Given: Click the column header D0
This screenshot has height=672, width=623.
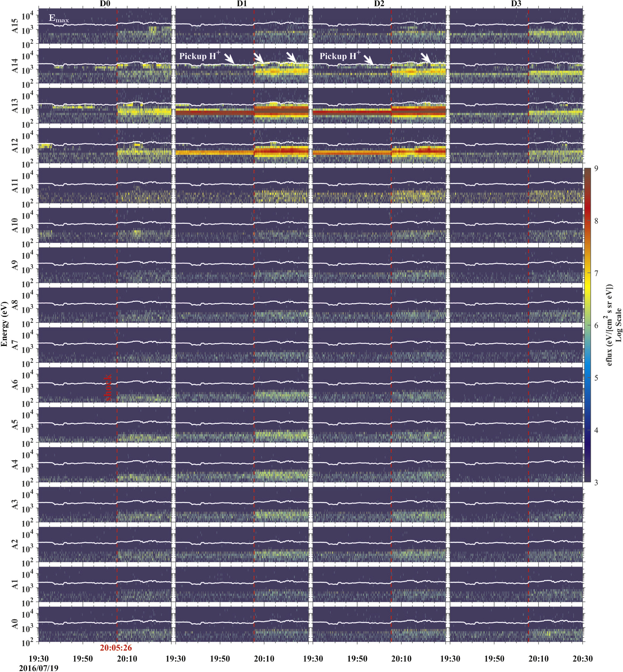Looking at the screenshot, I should coord(105,3).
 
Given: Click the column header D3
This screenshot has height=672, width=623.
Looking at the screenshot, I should coord(516,3).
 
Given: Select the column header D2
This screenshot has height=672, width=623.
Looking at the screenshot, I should coord(379,3).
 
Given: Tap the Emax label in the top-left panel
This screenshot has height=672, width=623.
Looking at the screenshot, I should coord(59,18).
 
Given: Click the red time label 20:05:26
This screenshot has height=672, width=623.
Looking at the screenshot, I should coord(116,648).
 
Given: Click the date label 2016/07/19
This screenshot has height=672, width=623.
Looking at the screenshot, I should coord(38,668).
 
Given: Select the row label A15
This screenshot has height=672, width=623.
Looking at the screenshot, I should coord(15,26).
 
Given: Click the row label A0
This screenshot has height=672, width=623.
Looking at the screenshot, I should coord(15,624).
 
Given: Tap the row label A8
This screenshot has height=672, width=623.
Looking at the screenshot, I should coord(15,305).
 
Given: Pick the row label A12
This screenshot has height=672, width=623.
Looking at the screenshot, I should coord(15,146).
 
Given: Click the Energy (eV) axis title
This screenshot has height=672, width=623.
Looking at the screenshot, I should coord(4,324).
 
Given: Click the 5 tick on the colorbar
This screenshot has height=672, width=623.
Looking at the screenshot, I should coord(596,378).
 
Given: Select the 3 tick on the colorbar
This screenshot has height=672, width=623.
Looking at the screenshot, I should coord(596,483).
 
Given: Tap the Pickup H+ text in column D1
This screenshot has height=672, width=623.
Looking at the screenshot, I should coord(199,56).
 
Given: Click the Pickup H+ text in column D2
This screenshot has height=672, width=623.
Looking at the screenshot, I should coord(340,56).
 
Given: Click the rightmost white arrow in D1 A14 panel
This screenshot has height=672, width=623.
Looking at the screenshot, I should coord(292,57).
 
